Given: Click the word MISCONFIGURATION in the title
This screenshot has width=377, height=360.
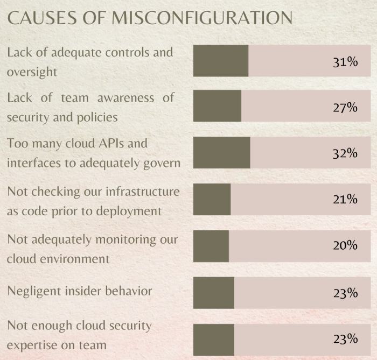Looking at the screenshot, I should (x=202, y=18).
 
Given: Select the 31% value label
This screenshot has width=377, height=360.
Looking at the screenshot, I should (x=345, y=61).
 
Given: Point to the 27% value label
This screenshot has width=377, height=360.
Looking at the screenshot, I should (x=345, y=107).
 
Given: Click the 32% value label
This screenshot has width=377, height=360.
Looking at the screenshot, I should (x=345, y=153).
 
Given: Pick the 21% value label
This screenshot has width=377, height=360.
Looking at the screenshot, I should (x=345, y=200).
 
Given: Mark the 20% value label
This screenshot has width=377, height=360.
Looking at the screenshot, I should (x=345, y=245).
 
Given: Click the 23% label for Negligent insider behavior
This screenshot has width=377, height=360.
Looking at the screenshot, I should (x=345, y=293).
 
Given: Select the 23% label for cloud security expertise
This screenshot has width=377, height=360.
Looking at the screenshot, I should (x=345, y=339).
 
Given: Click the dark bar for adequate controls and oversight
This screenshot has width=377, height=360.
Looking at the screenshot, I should (x=221, y=61).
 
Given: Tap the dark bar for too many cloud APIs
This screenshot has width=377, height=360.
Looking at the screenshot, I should (x=221, y=153).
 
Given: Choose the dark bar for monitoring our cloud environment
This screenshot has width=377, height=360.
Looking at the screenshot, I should (x=211, y=246).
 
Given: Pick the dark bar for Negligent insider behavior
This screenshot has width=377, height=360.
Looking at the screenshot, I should (x=213, y=293).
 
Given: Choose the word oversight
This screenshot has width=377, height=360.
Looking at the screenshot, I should (x=32, y=71).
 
